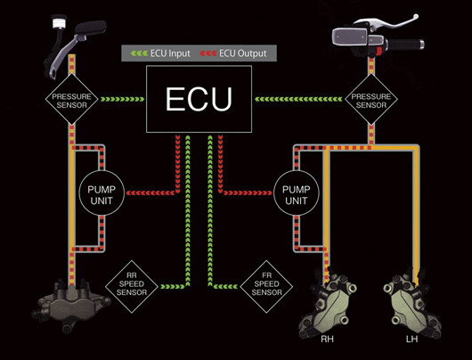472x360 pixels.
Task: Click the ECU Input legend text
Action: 170,53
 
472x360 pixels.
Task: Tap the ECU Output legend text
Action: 242,53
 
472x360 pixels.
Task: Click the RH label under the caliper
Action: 327,340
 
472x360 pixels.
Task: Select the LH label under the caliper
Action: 411,340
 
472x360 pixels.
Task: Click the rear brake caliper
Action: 71,304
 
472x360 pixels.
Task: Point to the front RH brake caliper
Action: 328,304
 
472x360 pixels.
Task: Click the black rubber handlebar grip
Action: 405,45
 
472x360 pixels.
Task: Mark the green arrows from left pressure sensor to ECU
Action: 122,99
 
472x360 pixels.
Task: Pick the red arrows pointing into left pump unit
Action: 151,192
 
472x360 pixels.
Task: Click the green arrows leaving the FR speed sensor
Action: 224,287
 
